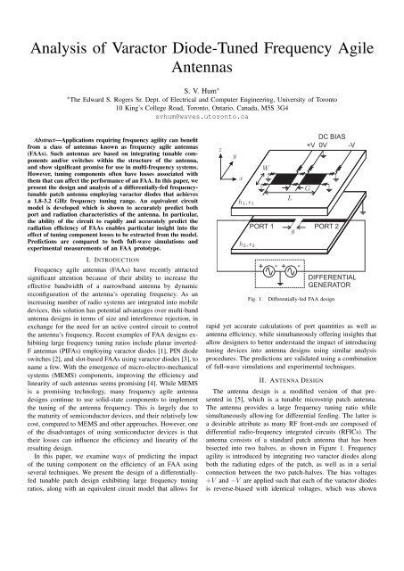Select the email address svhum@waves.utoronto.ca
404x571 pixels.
[x=202, y=118]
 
